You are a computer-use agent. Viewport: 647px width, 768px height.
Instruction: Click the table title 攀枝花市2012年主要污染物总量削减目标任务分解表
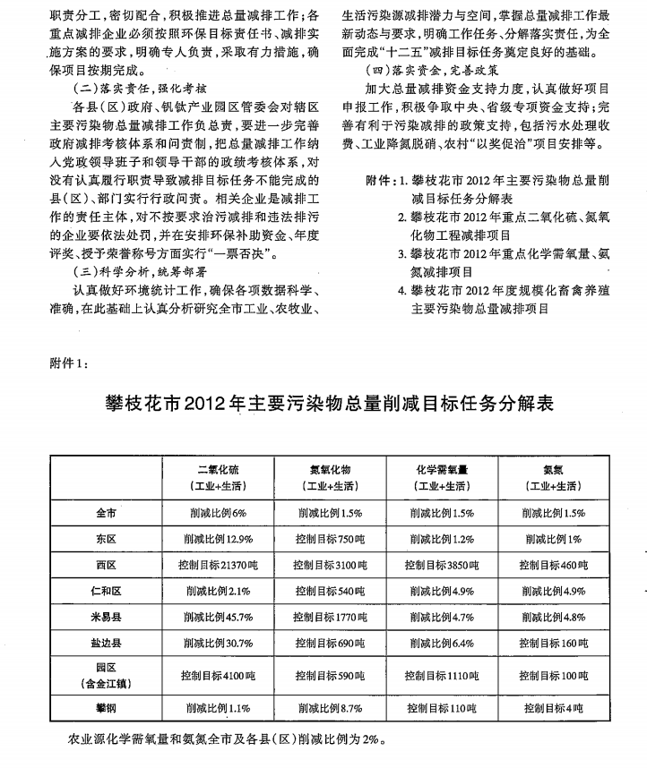[329, 404]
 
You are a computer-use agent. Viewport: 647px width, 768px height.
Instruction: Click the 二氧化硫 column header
[219, 468]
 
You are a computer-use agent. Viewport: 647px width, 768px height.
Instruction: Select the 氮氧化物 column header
[330, 468]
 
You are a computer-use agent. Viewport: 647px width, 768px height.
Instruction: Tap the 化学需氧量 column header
[442, 468]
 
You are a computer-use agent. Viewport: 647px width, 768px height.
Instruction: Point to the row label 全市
[107, 514]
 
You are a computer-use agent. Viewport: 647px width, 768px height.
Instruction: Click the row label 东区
[107, 540]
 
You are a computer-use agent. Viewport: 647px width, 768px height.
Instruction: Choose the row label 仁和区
[107, 592]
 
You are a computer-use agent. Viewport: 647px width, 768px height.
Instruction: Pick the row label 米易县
[107, 618]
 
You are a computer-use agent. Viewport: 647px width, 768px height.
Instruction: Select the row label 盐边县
[107, 644]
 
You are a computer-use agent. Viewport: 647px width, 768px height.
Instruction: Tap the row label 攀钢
[107, 707]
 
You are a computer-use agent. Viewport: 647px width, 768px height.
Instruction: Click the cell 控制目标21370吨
[219, 566]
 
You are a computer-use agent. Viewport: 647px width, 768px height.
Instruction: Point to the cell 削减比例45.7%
[219, 618]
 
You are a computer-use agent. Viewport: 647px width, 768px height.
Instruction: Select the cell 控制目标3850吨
[442, 566]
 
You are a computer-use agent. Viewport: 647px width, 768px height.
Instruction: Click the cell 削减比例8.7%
[330, 707]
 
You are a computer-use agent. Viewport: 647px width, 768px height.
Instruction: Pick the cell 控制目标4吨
[553, 707]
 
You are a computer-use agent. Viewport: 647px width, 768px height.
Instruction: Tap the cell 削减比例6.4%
[442, 644]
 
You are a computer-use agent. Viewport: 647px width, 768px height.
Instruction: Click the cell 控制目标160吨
[553, 644]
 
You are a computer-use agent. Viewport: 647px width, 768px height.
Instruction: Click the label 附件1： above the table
[65, 363]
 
